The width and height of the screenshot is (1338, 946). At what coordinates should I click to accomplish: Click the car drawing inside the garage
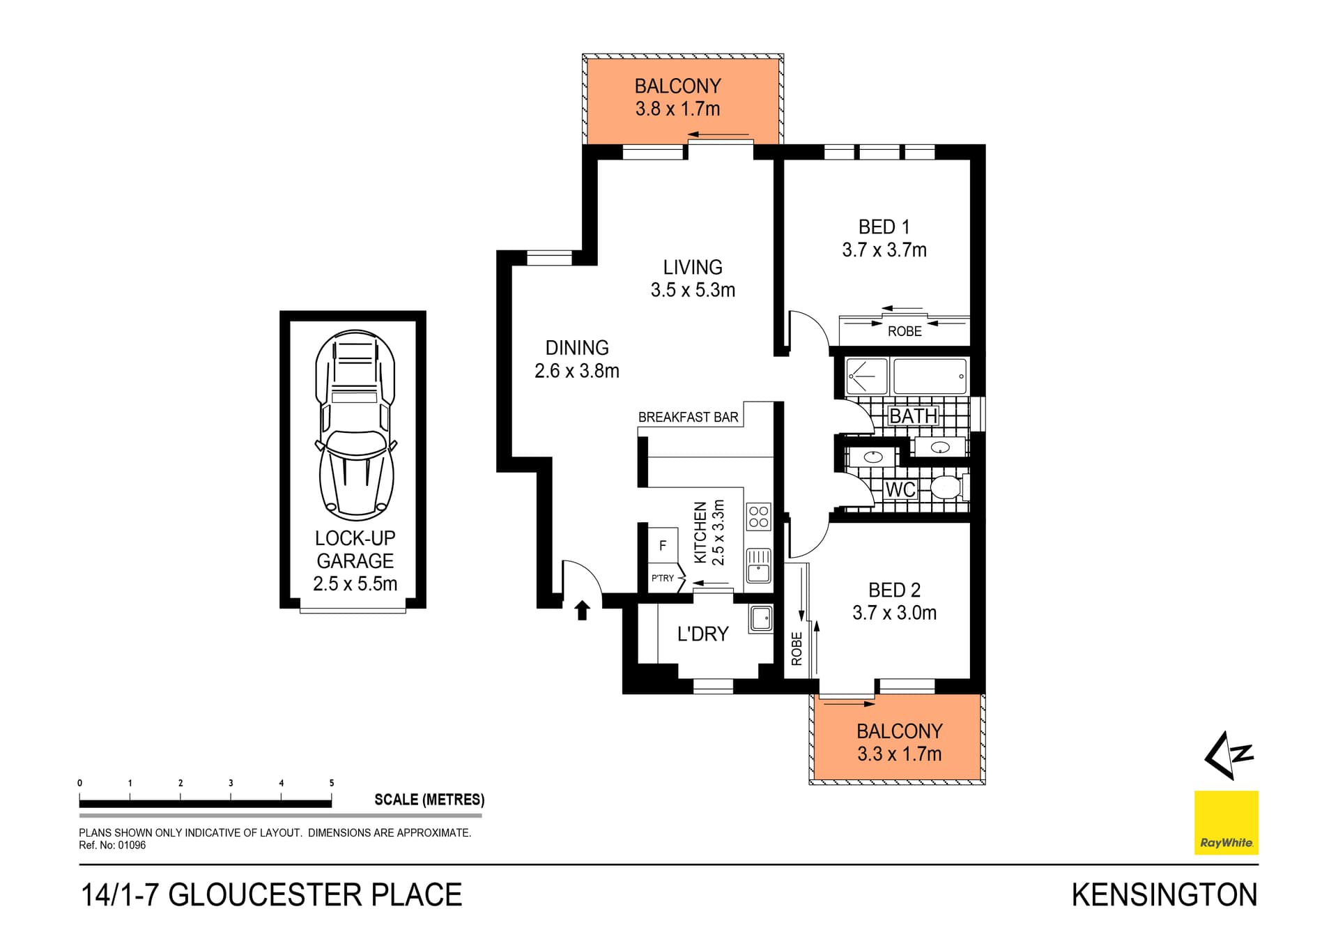coord(356,425)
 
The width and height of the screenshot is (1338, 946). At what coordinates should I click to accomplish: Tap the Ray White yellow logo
coord(1226,822)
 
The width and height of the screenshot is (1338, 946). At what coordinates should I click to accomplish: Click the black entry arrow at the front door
coord(582,611)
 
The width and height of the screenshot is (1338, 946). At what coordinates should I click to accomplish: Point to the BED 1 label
coord(884,227)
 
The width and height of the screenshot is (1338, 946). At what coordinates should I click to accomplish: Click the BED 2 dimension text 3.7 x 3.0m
coord(894,613)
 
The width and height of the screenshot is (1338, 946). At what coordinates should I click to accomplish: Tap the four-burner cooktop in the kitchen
coord(759,517)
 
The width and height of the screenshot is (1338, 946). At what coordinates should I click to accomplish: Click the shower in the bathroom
coord(866,376)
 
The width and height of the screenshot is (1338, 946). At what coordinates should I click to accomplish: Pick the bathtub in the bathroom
coord(930,376)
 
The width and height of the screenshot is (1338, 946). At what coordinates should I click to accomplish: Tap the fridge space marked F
coord(663,545)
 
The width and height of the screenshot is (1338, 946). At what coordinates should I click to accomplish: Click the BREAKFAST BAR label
coord(688,417)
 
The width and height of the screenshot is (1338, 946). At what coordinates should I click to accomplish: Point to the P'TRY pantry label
coord(662,578)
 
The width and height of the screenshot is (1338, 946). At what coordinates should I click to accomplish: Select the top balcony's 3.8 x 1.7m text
coord(677,109)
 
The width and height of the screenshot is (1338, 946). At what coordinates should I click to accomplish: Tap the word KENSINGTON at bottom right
coord(1164,895)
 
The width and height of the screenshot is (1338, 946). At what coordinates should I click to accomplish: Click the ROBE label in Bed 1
coord(905,331)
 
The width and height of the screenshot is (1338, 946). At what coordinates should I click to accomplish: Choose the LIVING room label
coord(692,267)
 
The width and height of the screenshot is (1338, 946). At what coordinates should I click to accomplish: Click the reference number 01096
coord(132,845)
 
